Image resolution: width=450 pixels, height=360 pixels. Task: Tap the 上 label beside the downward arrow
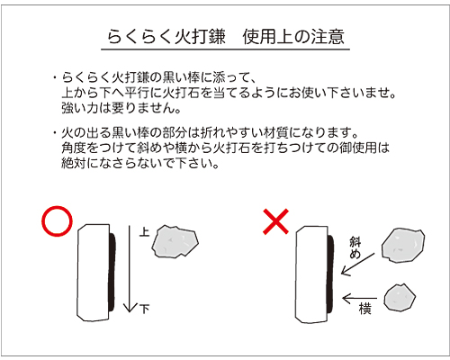[x=145, y=231]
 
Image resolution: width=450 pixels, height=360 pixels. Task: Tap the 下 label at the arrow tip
[x=144, y=310]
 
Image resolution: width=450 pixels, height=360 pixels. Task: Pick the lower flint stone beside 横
[x=400, y=297]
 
